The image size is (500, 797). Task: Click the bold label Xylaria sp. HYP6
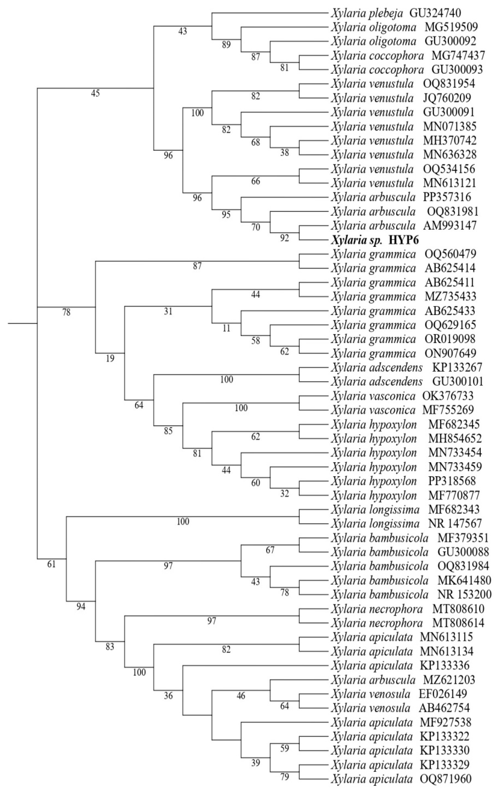375,240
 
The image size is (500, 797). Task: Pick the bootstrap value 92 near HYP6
284,238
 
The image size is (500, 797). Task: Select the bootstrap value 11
226,328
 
